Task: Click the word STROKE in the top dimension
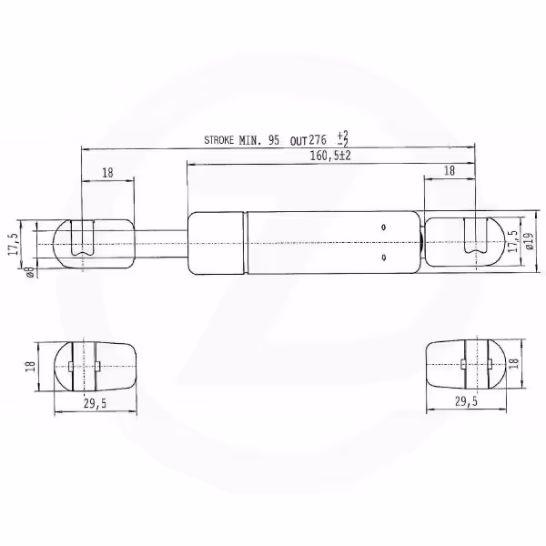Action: click(218, 140)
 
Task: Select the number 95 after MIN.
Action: click(274, 140)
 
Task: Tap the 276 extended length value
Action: click(318, 139)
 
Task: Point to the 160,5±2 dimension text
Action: click(330, 156)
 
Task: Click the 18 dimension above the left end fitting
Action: click(107, 173)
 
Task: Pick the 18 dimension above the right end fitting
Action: click(450, 171)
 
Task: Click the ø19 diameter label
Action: click(530, 241)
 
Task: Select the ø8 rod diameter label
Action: click(30, 272)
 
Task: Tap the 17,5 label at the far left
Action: click(13, 245)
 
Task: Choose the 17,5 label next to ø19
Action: click(513, 241)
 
